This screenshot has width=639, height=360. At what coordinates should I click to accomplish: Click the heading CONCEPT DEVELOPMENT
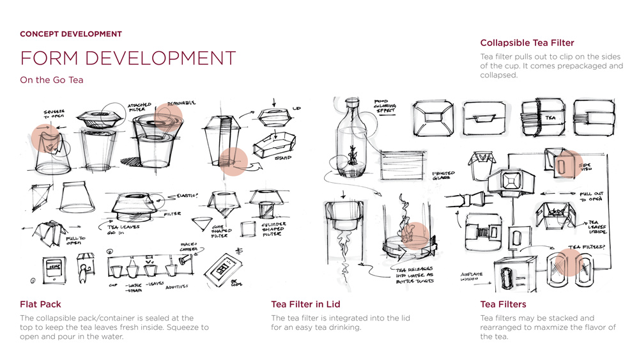pyautogui.click(x=70, y=34)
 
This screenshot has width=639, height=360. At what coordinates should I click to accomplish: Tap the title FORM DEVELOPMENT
pyautogui.click(x=128, y=58)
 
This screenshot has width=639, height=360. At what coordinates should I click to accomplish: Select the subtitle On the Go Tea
pyautogui.click(x=51, y=80)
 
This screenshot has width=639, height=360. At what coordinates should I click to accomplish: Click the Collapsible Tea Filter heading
pyautogui.click(x=527, y=43)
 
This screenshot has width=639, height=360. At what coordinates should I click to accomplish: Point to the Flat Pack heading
pyautogui.click(x=40, y=304)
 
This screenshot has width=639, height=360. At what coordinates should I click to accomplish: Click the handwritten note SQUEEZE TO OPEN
pyautogui.click(x=54, y=114)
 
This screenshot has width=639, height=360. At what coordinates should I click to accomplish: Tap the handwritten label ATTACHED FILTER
pyautogui.click(x=139, y=108)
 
